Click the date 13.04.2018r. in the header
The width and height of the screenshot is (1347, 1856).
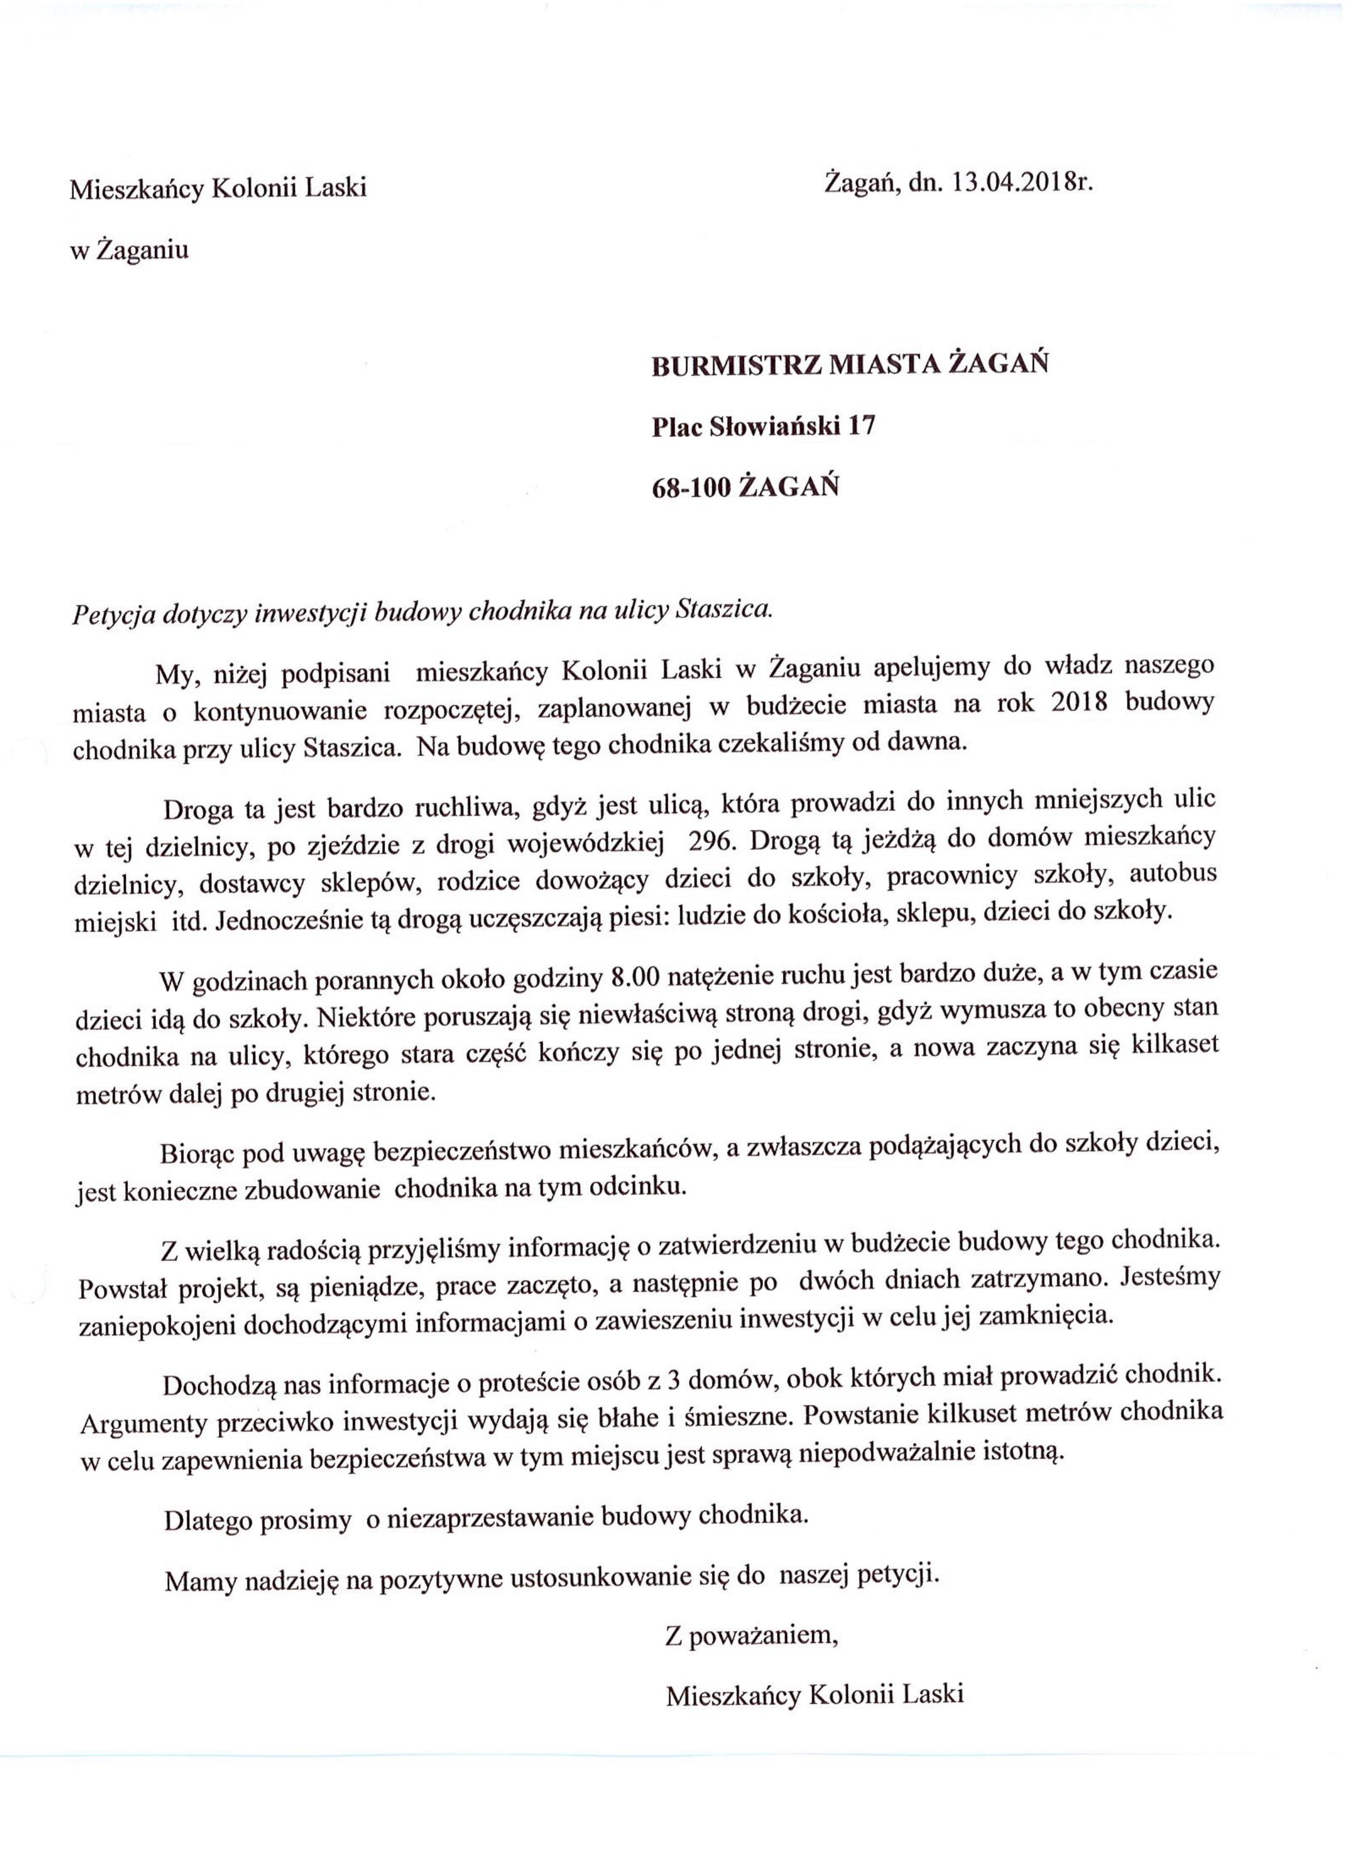[x=1022, y=183]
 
